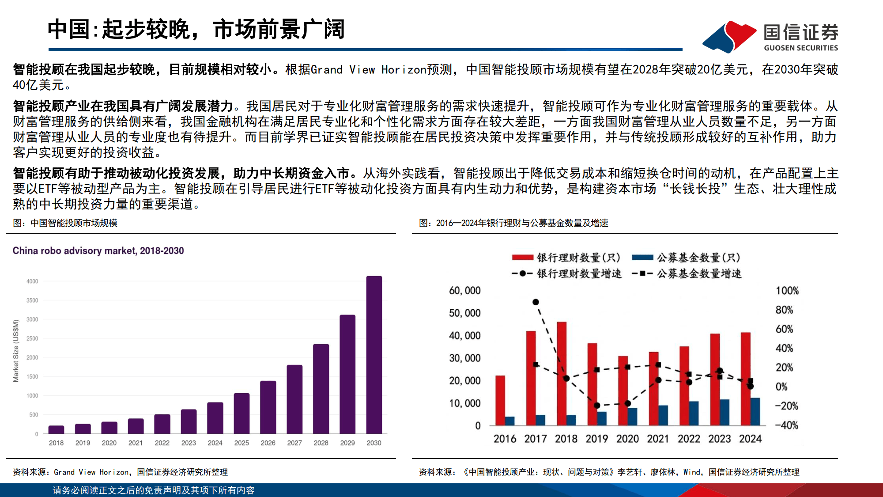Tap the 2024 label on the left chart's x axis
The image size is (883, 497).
(x=215, y=443)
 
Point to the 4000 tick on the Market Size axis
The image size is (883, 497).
(x=32, y=281)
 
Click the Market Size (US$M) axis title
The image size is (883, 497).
(x=16, y=351)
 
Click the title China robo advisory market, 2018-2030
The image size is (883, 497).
(x=98, y=251)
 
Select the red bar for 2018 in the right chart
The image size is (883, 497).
(x=562, y=373)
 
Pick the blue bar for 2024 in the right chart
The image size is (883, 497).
(x=755, y=411)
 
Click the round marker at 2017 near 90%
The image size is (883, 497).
(x=536, y=302)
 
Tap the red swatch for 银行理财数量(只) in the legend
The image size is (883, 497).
(x=523, y=258)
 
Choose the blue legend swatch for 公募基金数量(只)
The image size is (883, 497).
(x=642, y=258)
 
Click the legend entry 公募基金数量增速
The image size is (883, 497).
(x=698, y=274)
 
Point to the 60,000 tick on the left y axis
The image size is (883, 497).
(x=464, y=291)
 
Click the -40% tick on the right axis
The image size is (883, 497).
(x=786, y=425)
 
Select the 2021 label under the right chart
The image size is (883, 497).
(x=658, y=439)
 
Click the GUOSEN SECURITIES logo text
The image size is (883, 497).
(x=800, y=48)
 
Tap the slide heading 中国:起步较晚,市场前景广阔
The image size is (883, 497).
(x=196, y=30)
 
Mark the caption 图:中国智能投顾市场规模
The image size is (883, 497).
(x=65, y=223)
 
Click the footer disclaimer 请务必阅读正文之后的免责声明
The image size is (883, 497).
(x=154, y=490)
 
